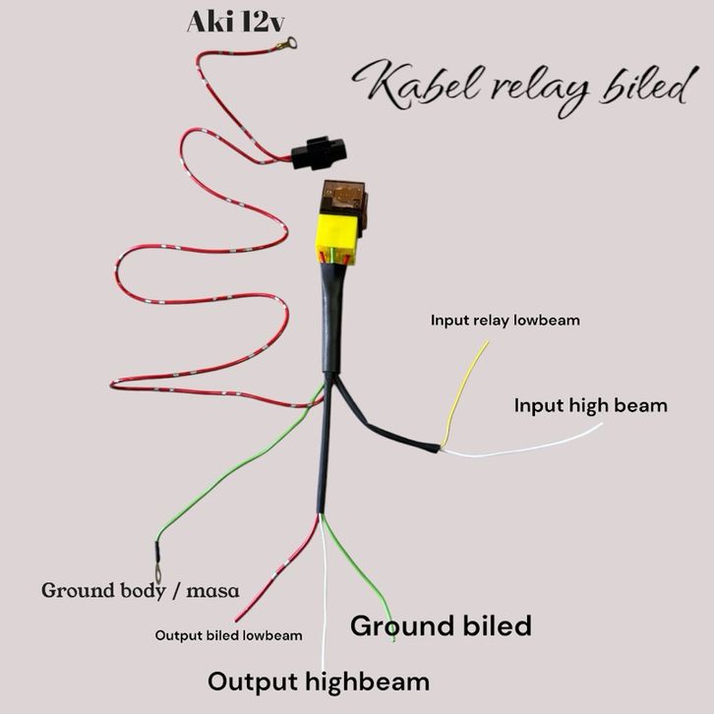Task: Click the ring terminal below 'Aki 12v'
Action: pos(289,42)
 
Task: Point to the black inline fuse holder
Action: pos(316,150)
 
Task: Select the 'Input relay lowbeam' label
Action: pos(505,320)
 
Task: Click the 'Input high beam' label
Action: pos(590,404)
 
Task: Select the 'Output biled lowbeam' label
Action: pos(228,634)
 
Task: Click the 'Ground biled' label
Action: pos(441,625)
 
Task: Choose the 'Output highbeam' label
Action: pos(318,682)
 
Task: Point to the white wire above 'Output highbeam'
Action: pos(325,600)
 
